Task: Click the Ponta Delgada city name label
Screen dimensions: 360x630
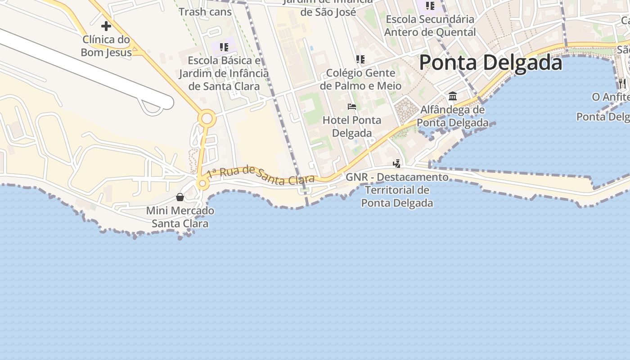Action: coord(490,63)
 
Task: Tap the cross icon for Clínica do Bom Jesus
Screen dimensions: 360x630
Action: coord(106,26)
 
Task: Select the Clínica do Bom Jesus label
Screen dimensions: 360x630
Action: coord(106,46)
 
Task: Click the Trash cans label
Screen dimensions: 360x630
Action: coord(205,12)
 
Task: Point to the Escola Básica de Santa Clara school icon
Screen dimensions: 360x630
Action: coord(224,47)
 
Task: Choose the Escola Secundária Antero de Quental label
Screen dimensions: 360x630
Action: coord(430,26)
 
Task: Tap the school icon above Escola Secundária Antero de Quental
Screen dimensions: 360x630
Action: coord(430,6)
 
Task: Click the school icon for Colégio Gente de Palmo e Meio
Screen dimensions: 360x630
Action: coord(360,59)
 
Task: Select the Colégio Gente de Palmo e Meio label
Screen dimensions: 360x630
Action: coord(360,79)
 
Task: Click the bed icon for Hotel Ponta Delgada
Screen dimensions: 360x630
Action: coord(352,107)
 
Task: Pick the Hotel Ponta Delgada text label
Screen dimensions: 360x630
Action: coord(352,126)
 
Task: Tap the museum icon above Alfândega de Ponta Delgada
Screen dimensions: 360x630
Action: coord(453,96)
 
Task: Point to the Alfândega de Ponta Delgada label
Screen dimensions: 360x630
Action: coord(453,116)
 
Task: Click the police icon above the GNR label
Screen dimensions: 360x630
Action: coord(396,164)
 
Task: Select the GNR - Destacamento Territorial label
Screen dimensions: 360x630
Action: coord(397,190)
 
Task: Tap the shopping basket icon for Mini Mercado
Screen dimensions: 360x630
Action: coord(180,197)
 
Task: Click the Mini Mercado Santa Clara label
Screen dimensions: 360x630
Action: coord(180,217)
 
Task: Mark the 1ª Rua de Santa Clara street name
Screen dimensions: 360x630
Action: coord(261,176)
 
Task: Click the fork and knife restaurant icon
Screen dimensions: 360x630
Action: coord(622,83)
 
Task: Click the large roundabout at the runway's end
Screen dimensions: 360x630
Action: coord(207,119)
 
